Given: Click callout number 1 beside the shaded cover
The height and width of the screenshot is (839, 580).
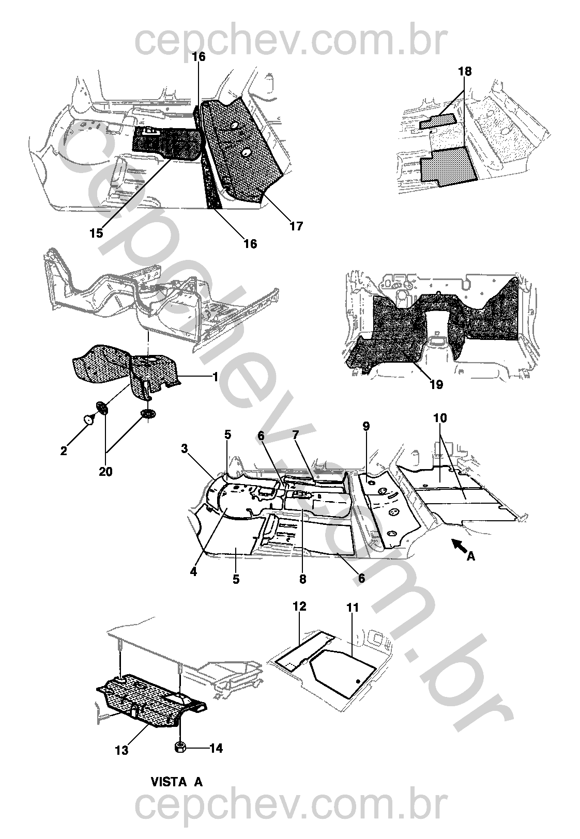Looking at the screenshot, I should (x=215, y=377).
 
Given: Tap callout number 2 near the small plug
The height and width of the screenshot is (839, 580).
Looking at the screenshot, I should (x=64, y=450).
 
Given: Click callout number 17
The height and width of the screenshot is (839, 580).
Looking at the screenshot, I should (x=296, y=226).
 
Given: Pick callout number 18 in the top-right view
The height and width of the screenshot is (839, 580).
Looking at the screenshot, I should (x=465, y=71).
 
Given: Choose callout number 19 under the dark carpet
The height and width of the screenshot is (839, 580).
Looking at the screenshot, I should (x=436, y=384).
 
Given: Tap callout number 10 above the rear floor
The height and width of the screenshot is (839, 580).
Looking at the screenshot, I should (x=440, y=417).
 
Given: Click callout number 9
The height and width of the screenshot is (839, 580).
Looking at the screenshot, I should (x=366, y=426).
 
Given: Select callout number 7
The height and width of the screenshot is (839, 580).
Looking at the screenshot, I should (x=295, y=436).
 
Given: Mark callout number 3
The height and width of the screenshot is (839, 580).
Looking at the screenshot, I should (x=185, y=448).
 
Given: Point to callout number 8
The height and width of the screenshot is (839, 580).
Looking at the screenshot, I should (x=302, y=579).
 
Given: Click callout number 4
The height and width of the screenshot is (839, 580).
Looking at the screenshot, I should (x=193, y=572).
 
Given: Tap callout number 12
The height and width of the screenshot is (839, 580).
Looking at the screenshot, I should (x=299, y=606).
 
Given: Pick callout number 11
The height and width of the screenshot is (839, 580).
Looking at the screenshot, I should (x=353, y=608).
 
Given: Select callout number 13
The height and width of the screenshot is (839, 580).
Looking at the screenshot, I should (x=121, y=750).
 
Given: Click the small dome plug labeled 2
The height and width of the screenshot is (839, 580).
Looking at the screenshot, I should (x=89, y=419).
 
